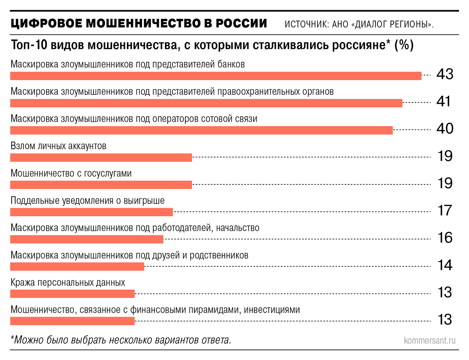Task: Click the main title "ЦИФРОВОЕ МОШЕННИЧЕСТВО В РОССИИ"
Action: [139, 24]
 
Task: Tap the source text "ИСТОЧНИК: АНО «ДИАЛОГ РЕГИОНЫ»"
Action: [359, 24]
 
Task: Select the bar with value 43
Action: [216, 76]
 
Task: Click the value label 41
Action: [444, 102]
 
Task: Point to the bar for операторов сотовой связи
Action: [201, 130]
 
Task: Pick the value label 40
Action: [445, 129]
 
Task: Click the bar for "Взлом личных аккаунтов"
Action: [101, 158]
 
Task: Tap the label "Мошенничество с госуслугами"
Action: [71, 173]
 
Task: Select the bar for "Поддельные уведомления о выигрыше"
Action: [91, 212]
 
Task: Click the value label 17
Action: [445, 210]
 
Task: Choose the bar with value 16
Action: [87, 239]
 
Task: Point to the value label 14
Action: [445, 265]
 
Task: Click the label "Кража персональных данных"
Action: [68, 282]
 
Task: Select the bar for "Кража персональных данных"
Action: [72, 294]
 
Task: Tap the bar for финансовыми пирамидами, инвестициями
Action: [72, 321]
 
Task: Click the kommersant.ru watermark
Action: [430, 341]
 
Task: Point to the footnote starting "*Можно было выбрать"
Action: [121, 340]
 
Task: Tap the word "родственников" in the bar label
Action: [219, 255]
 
